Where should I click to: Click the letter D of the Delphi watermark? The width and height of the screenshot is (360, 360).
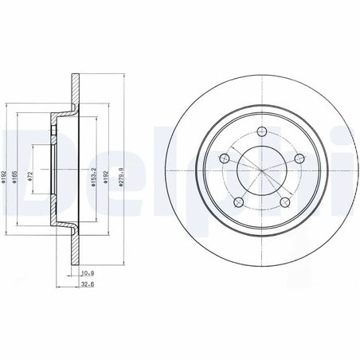20,167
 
